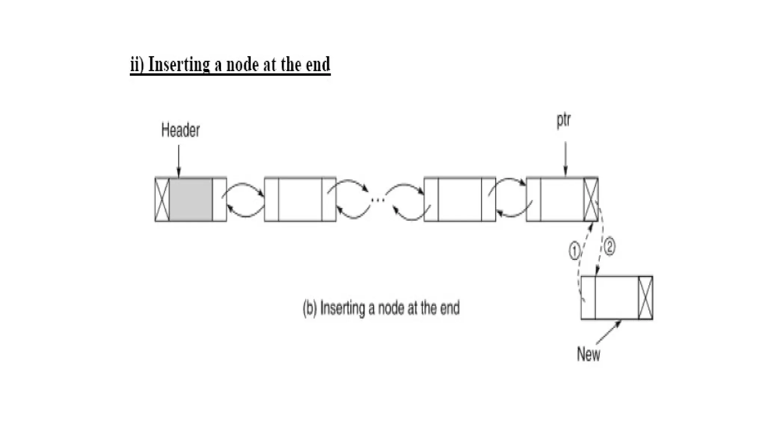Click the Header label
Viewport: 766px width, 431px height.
coord(180,130)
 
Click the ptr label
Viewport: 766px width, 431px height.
coord(564,120)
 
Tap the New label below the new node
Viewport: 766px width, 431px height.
coord(588,354)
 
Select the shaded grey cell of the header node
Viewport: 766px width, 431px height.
coord(191,200)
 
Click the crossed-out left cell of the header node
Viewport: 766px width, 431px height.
coord(162,200)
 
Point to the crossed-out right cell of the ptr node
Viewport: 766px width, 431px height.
coord(591,200)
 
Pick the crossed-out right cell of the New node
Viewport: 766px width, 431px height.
coord(646,298)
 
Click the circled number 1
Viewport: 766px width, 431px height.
coord(574,251)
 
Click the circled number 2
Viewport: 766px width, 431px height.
coord(609,247)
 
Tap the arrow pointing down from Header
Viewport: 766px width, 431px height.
coord(179,161)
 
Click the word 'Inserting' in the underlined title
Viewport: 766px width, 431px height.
coord(179,64)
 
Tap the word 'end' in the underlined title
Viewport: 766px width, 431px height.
coord(318,64)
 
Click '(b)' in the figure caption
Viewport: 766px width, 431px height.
coord(310,308)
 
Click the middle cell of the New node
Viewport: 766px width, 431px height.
coord(616,298)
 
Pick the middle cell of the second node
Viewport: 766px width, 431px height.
coord(300,200)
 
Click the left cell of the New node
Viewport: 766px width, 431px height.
coord(588,298)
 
